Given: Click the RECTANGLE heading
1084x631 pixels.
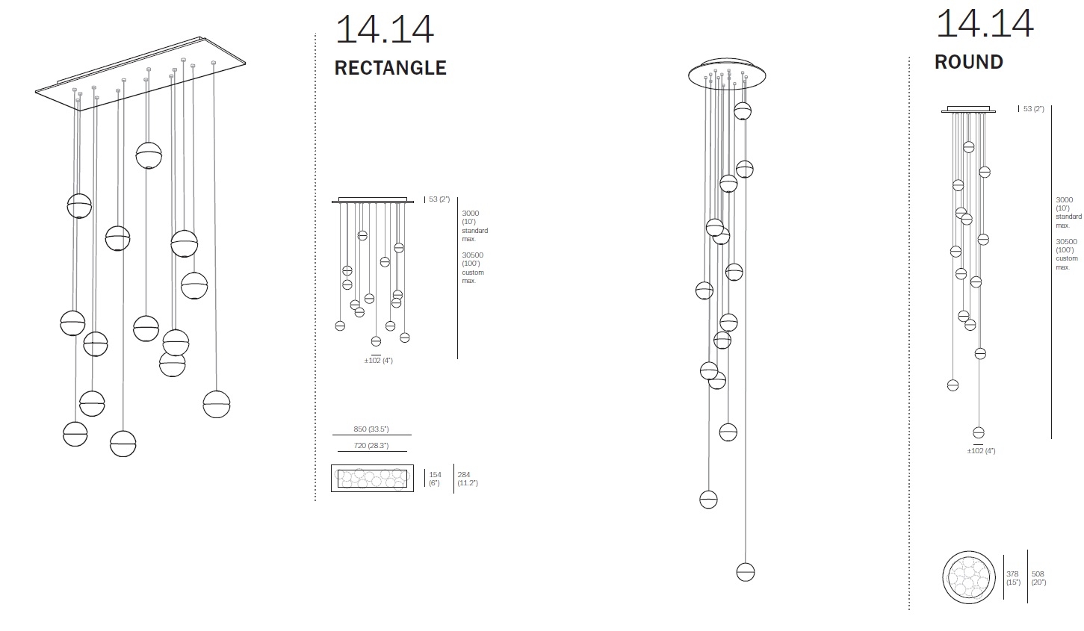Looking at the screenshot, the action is tap(390, 68).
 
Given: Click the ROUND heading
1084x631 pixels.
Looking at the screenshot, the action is tap(968, 62).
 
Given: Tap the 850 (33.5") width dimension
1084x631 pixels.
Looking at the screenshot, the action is tap(371, 429).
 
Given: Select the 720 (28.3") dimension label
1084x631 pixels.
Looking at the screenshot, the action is tap(371, 446).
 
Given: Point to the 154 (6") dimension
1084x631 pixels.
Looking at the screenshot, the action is tap(435, 479).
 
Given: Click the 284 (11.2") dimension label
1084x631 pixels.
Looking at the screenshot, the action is tap(468, 479).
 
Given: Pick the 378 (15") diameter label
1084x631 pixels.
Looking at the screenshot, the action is tap(1013, 578).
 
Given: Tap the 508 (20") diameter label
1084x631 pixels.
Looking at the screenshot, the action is tap(1038, 578).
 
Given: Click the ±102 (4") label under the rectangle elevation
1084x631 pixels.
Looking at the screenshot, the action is tap(379, 361).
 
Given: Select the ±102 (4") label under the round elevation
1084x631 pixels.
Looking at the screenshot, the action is tap(981, 451).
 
